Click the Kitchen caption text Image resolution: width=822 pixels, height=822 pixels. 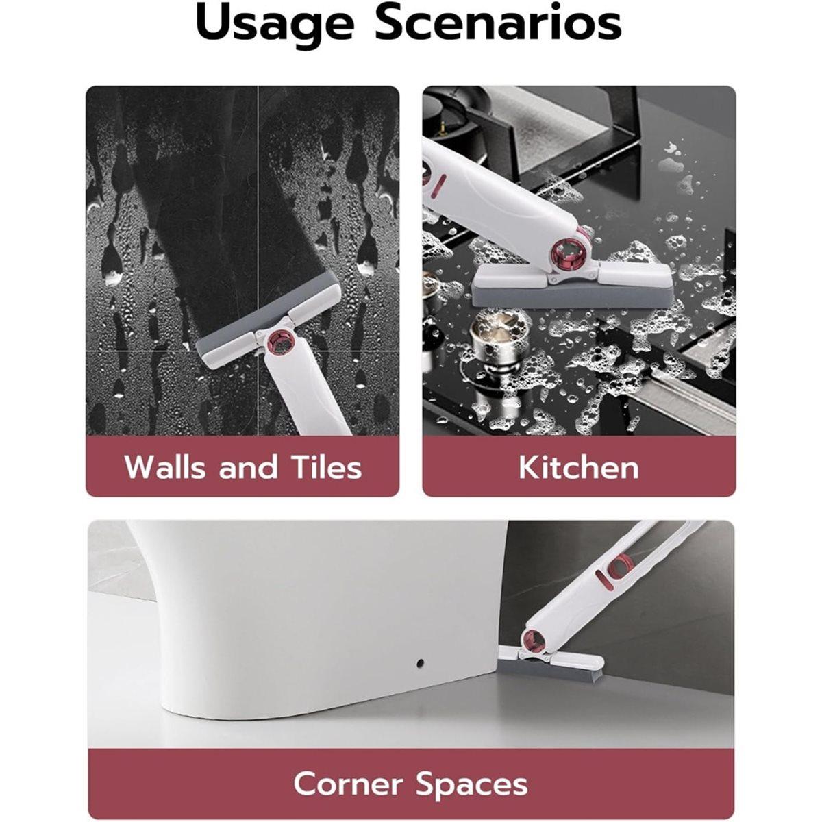click(578, 468)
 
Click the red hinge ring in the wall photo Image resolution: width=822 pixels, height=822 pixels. click(279, 341)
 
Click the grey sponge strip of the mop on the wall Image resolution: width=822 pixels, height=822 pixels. click(264, 319)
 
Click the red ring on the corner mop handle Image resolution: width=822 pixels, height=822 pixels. click(618, 567)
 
